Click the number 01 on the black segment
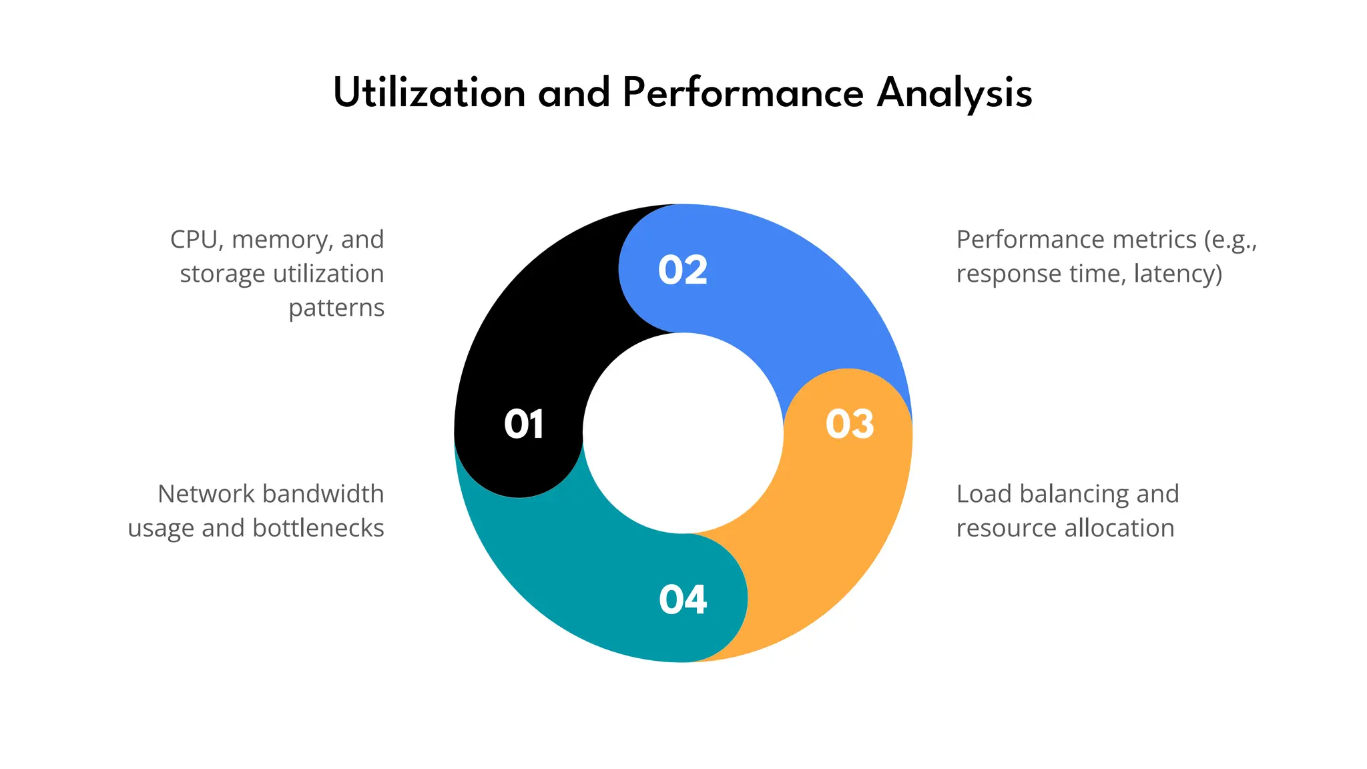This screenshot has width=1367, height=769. click(x=524, y=425)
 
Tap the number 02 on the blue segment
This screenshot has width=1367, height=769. click(x=683, y=270)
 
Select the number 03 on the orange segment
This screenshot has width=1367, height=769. click(x=850, y=425)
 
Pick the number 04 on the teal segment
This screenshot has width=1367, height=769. click(x=683, y=599)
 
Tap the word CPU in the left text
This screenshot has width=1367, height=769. click(x=194, y=240)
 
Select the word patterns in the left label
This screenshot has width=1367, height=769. click(x=336, y=308)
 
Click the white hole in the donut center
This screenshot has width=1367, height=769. click(x=683, y=433)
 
